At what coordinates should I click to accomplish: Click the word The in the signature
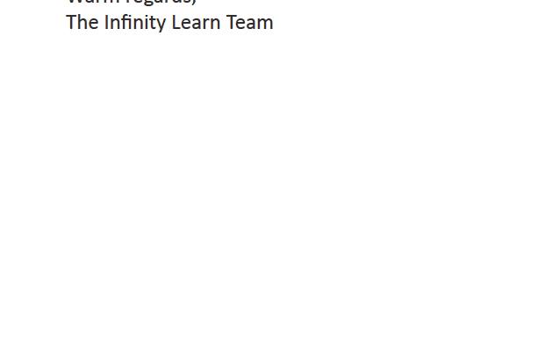click(82, 23)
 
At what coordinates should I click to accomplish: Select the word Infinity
click(135, 23)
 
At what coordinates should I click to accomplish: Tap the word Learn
click(196, 23)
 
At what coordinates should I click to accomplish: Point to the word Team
click(250, 23)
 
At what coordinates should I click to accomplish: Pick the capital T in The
click(71, 23)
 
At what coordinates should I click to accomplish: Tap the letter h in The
click(82, 23)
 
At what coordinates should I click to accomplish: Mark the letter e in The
click(92, 24)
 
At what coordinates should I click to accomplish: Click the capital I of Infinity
click(106, 23)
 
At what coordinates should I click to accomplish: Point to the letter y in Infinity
click(161, 25)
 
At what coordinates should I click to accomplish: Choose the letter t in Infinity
click(152, 23)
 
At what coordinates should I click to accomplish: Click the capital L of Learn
click(176, 23)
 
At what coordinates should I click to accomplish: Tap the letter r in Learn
click(205, 24)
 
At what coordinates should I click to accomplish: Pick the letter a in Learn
click(196, 24)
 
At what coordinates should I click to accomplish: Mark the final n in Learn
click(214, 24)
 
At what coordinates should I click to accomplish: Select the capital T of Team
click(231, 23)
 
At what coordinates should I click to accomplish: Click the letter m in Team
click(264, 24)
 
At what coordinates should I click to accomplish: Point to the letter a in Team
click(250, 24)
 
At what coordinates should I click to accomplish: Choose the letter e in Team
click(241, 24)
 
